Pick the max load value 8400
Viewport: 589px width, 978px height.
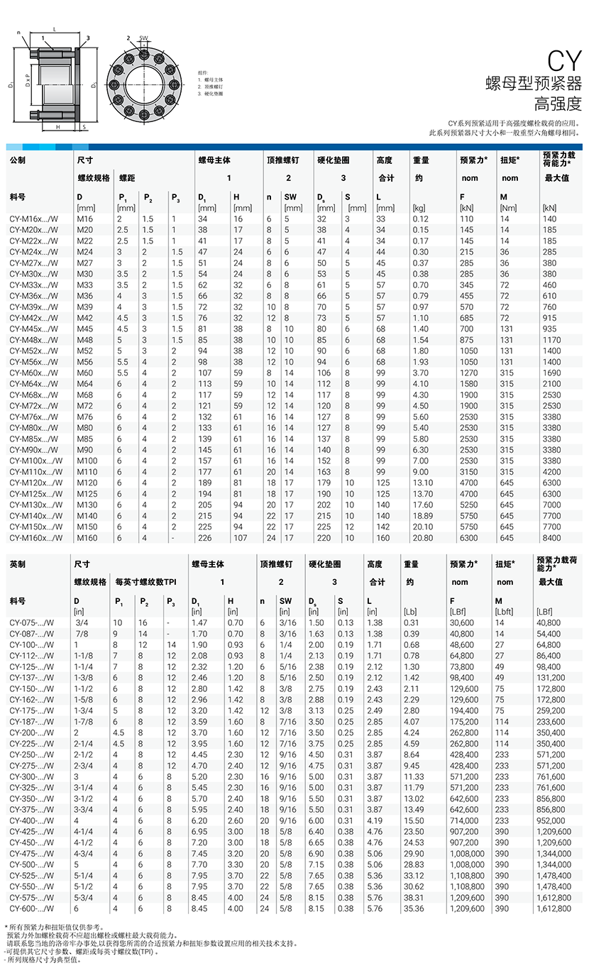coord(551,538)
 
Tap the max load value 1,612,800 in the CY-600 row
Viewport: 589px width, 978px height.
coord(554,908)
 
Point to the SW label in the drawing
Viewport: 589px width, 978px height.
coord(143,37)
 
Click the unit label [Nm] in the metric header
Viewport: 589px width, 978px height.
coord(508,208)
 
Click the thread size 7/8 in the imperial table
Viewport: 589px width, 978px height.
coord(82,634)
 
